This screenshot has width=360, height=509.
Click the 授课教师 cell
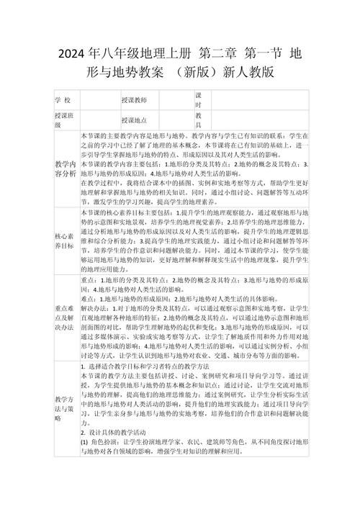pyautogui.click(x=134, y=99)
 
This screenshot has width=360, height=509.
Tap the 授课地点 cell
pyautogui.click(x=134, y=120)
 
